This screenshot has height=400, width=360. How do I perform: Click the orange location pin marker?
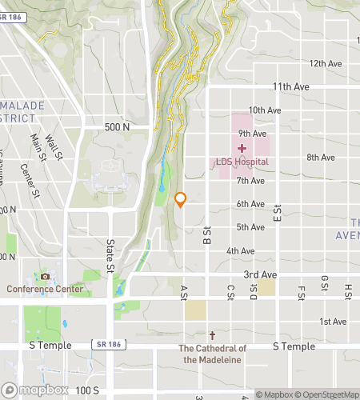click(181, 200)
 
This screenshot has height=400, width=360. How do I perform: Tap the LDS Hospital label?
click(242, 162)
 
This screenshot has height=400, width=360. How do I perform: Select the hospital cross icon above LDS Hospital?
click(242, 148)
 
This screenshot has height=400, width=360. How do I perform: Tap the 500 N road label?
click(116, 126)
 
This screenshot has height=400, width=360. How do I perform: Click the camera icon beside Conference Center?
click(45, 277)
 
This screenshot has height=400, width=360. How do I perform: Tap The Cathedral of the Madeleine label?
click(212, 353)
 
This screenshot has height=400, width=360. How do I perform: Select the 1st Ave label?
click(332, 322)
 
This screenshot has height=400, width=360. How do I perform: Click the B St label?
click(206, 235)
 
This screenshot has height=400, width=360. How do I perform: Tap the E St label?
click(276, 211)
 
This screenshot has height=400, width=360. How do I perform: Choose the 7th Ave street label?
click(250, 181)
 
